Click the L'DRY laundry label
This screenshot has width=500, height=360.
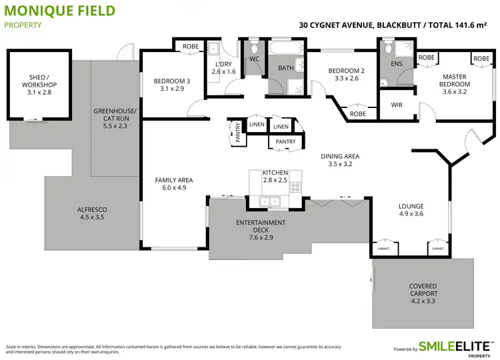[x=224, y=67]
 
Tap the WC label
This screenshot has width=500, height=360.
[x=254, y=59]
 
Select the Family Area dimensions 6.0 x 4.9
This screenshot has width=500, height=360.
[x=174, y=188]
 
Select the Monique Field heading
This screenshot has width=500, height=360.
[x=59, y=11]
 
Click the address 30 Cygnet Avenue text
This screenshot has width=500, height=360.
[x=337, y=25]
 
